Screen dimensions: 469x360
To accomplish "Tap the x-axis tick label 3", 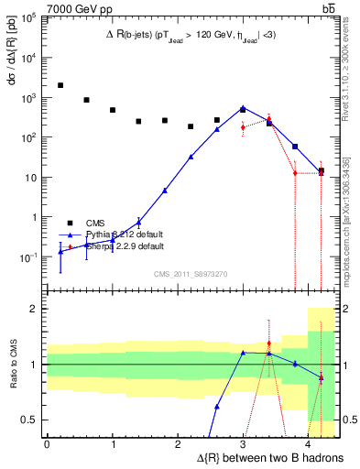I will pos(243,444).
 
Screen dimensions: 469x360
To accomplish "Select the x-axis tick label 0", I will pos(47,444).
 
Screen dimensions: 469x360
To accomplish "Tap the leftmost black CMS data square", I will pos(60,85).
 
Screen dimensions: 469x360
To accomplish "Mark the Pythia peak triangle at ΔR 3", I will pos(243,107).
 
